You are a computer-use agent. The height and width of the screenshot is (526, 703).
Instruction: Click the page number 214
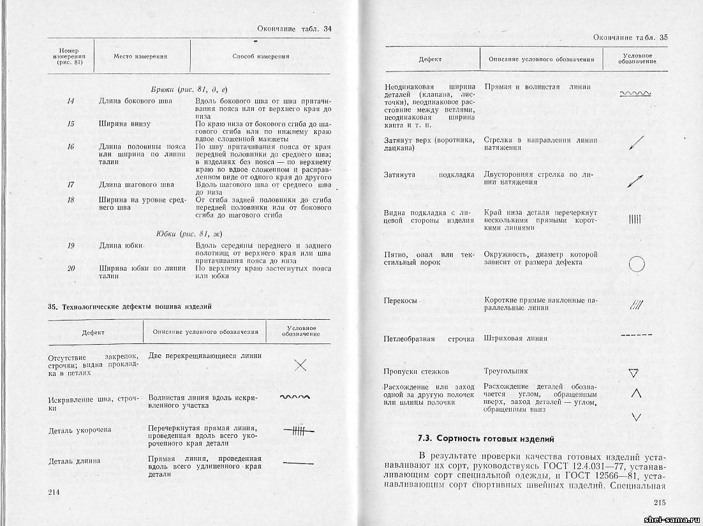[x=54, y=492]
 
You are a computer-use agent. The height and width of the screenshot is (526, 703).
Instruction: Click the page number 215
[x=660, y=502]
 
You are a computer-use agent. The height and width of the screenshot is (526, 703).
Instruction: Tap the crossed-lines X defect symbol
[x=300, y=365]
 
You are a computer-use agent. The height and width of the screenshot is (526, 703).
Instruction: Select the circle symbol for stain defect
[x=637, y=263]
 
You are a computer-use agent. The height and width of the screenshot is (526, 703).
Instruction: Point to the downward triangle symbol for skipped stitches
[x=633, y=373]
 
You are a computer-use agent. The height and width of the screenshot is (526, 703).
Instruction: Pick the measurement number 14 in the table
[x=71, y=101]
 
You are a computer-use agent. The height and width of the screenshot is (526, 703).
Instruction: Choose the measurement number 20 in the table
[x=71, y=269]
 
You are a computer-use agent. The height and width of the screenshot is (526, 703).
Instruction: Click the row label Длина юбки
[x=119, y=246]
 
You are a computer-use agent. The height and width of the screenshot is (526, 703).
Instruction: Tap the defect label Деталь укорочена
[x=80, y=430]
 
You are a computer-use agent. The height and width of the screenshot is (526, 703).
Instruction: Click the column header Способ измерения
[x=260, y=56]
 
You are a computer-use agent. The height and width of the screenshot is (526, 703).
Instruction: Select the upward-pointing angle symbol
[x=635, y=393]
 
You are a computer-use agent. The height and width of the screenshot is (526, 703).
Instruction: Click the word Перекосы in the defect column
[x=400, y=301]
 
